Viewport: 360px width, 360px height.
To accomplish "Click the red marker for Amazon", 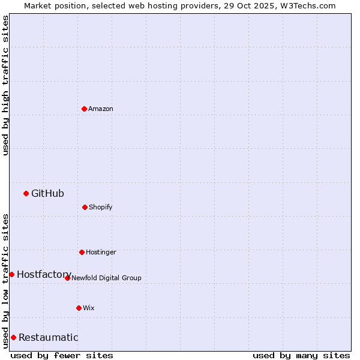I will [x=84, y=109].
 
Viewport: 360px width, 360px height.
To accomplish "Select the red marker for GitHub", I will [x=26, y=193].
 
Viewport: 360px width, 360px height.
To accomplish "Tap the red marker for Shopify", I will [x=85, y=207].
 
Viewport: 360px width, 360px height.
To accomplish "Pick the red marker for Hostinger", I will [x=82, y=252].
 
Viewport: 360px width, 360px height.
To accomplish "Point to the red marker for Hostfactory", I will [x=11, y=274].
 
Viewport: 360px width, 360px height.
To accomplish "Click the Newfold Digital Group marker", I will [x=67, y=278].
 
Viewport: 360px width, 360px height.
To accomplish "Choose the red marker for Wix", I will [x=79, y=308].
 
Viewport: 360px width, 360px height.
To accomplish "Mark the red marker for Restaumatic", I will [x=13, y=337].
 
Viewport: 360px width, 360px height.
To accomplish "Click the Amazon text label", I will [x=101, y=109].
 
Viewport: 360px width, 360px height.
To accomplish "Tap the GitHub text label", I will [x=47, y=193].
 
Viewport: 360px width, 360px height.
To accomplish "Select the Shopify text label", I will [x=101, y=207].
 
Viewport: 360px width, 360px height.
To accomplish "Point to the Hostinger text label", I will [x=101, y=252].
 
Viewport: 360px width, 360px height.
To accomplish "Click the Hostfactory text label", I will [x=44, y=274].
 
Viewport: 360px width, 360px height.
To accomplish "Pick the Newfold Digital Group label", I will [x=106, y=278].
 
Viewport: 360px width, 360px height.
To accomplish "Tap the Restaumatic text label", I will [x=48, y=337].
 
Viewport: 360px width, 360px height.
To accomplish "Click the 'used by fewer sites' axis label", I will [x=62, y=355].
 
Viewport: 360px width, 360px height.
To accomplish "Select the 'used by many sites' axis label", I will [x=301, y=355].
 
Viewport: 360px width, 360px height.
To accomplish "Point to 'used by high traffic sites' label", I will [x=5, y=85].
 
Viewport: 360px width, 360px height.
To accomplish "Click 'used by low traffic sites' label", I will [x=5, y=280].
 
